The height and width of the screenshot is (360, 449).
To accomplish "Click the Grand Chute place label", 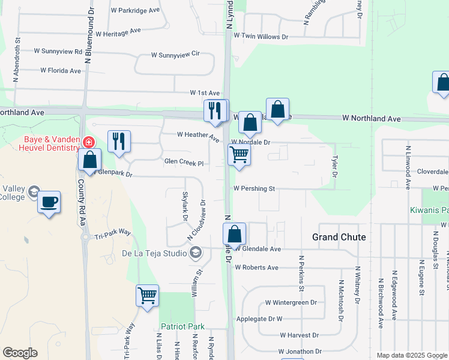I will (x=339, y=237).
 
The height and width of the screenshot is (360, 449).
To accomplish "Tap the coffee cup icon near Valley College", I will (x=49, y=202).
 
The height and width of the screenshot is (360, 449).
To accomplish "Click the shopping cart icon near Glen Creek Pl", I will (x=239, y=155).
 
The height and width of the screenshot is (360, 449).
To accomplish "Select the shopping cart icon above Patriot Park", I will (x=147, y=295).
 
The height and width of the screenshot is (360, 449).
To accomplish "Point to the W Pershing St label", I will (x=254, y=188).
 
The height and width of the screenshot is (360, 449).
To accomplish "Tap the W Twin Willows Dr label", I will (x=261, y=37).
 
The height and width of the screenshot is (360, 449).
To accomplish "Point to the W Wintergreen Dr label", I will (x=291, y=302).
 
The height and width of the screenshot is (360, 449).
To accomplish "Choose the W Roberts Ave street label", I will (x=257, y=268).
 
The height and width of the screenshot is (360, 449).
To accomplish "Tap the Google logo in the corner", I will (x=20, y=353).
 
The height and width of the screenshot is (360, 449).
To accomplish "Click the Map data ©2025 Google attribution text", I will (x=412, y=355).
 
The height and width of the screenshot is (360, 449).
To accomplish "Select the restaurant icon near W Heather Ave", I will (x=119, y=142).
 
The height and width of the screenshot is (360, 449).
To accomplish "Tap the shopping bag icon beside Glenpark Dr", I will (x=89, y=160).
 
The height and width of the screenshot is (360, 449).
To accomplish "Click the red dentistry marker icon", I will (x=88, y=142).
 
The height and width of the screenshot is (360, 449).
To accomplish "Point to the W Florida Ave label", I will (x=61, y=71).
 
